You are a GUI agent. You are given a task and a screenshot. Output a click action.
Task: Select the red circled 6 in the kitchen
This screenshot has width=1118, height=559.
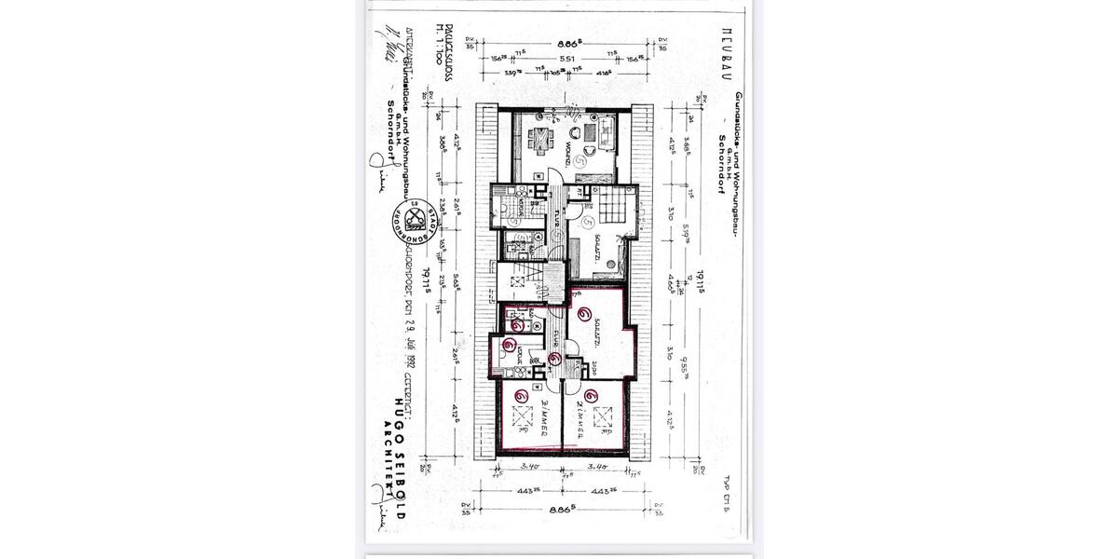(x=510, y=345)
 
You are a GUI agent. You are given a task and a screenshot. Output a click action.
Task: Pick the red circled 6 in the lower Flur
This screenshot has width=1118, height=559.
(x=555, y=358)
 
